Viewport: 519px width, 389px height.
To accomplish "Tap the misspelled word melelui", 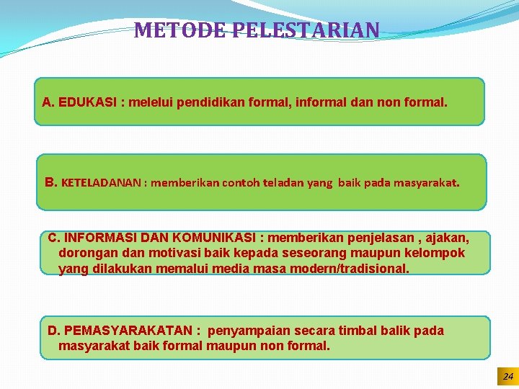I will (x=151, y=102).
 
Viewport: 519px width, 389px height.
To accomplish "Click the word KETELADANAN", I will (x=102, y=183).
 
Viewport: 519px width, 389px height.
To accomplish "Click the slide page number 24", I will (x=507, y=377).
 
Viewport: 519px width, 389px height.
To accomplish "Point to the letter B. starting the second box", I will (x=51, y=182).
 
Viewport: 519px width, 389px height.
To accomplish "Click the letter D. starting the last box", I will (x=54, y=331).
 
